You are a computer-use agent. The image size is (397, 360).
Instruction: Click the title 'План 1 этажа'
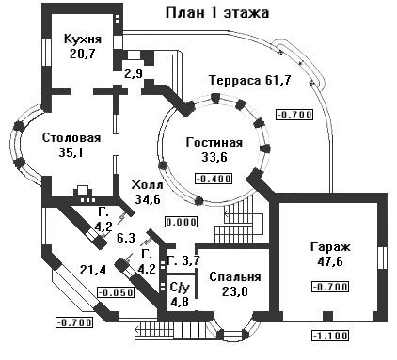[x=217, y=13]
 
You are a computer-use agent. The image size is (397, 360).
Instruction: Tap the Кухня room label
[x=83, y=39]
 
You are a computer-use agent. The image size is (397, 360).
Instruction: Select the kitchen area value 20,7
[x=83, y=54]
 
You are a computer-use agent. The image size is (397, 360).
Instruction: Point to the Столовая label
[x=71, y=138]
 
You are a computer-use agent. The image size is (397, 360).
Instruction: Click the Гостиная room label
[x=214, y=143]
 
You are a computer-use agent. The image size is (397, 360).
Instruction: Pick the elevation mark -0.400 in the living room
[x=214, y=179]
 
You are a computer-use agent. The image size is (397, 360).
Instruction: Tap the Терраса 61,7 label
[x=250, y=80]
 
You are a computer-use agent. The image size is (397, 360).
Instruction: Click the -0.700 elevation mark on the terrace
[x=294, y=115]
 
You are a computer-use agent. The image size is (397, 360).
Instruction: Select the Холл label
[x=147, y=185]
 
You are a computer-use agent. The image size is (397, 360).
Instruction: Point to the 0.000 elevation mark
[x=182, y=222]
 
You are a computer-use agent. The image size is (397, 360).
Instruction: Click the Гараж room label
[x=330, y=247]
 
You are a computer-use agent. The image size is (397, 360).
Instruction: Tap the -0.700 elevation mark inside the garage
[x=330, y=287]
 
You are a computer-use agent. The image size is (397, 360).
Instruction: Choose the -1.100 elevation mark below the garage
[x=330, y=336]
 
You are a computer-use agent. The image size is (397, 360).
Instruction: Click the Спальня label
[x=235, y=277]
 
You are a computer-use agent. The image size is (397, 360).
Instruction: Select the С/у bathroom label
[x=180, y=287]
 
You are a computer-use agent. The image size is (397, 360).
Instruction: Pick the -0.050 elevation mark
[x=116, y=293]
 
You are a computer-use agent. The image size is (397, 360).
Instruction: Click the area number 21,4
[x=93, y=270]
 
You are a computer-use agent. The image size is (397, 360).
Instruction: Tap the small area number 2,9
[x=134, y=74]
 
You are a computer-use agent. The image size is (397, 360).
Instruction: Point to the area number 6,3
[x=126, y=238]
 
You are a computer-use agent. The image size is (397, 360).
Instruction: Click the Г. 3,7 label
[x=183, y=260]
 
